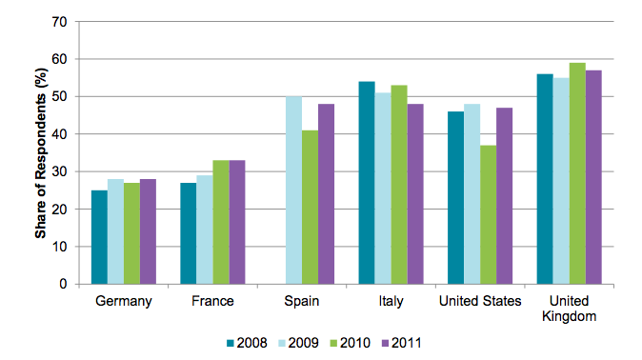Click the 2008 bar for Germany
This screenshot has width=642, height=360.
pyautogui.click(x=99, y=237)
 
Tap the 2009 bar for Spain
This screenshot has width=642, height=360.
pyautogui.click(x=293, y=190)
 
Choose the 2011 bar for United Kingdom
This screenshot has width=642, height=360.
pyautogui.click(x=593, y=177)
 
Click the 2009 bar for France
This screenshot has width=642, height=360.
pyautogui.click(x=205, y=230)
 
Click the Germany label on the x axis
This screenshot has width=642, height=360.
pyautogui.click(x=124, y=301)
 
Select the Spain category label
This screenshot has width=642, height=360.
pyautogui.click(x=301, y=301)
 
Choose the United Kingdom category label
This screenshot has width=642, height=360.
pyautogui.click(x=569, y=309)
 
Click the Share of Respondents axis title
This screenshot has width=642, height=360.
pyautogui.click(x=42, y=152)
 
